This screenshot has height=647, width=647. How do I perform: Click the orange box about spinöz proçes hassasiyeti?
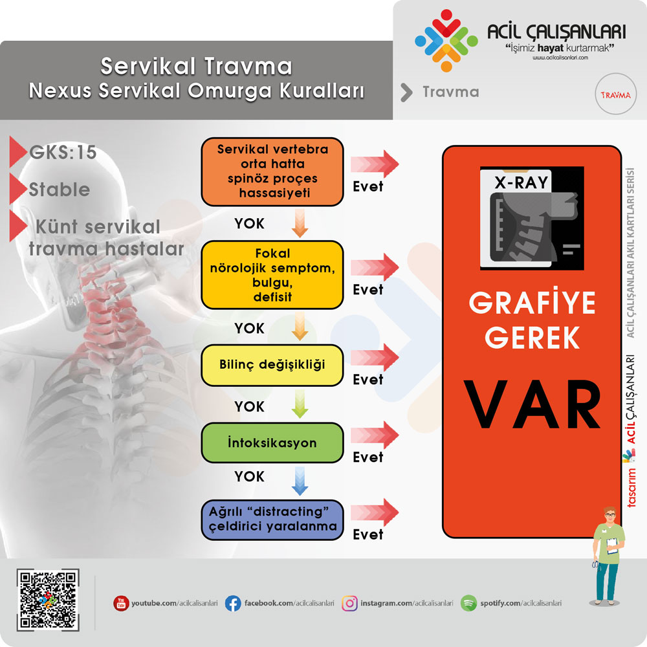click(272, 171)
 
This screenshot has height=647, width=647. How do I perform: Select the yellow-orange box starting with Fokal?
click(272, 275)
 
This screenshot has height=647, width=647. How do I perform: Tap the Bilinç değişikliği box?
click(272, 365)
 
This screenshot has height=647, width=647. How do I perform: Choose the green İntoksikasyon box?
click(272, 443)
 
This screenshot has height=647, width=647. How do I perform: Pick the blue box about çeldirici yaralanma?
click(272, 520)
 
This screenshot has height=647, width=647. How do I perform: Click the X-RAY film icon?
click(532, 218)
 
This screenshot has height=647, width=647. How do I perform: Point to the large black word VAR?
click(532, 404)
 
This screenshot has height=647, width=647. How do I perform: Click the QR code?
click(48, 600)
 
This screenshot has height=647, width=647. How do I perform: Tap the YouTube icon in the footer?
click(121, 603)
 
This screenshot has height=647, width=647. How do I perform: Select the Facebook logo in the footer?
click(233, 603)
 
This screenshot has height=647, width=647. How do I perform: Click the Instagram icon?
click(349, 603)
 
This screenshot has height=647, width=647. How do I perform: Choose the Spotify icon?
click(468, 603)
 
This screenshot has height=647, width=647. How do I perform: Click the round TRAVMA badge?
click(616, 94)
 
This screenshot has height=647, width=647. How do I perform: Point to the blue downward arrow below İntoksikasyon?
click(300, 481)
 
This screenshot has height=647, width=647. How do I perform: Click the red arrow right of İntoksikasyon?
click(375, 435)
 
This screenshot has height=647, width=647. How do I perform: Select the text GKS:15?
click(63, 152)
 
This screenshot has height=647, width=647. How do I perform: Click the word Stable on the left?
click(60, 190)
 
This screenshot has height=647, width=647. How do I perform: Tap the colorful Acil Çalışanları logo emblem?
click(446, 40)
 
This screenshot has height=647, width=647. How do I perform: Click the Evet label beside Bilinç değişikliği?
click(367, 380)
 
